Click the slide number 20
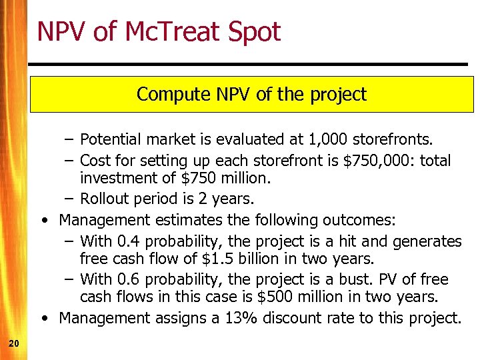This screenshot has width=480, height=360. point(13,343)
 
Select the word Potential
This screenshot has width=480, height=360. point(110,139)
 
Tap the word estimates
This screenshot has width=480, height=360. point(184,219)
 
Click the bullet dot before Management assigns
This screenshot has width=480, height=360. point(43,319)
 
